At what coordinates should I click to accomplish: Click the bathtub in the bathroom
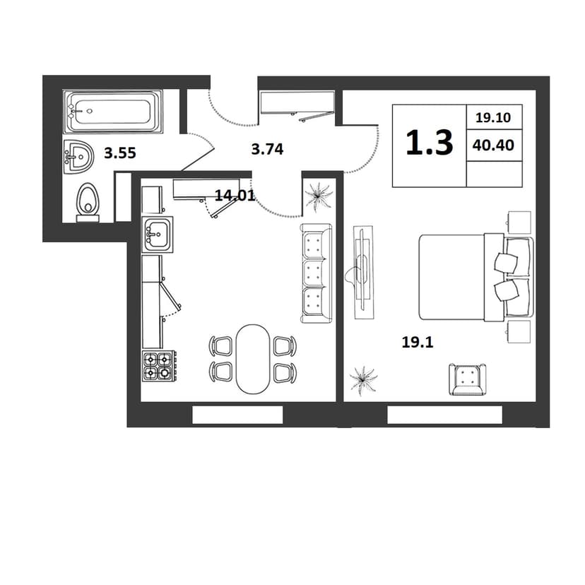pyautogui.click(x=112, y=112)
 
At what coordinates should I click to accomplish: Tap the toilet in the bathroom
pyautogui.click(x=88, y=203)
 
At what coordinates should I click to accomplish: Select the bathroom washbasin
pyautogui.click(x=78, y=157)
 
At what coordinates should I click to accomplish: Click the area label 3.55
pyautogui.click(x=120, y=153)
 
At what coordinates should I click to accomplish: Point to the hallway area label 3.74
pyautogui.click(x=268, y=149)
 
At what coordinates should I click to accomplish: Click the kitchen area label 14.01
pyautogui.click(x=235, y=195)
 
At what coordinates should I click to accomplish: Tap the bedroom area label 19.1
pyautogui.click(x=418, y=342)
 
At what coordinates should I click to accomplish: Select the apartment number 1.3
pyautogui.click(x=430, y=142)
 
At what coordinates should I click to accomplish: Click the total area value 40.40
pyautogui.click(x=493, y=145)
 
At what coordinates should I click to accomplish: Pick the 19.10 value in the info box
pyautogui.click(x=493, y=117)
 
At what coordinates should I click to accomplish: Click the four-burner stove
pyautogui.click(x=158, y=366)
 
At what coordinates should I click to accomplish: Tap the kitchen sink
pyautogui.click(x=158, y=235)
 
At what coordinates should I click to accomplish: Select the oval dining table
pyautogui.click(x=252, y=359)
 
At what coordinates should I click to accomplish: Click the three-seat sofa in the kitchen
pyautogui.click(x=316, y=273)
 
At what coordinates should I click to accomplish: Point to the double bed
pyautogui.click(x=475, y=277)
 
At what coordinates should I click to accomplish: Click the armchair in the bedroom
pyautogui.click(x=468, y=379)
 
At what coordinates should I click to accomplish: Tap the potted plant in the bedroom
pyautogui.click(x=363, y=381)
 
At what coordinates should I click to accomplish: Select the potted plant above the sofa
pyautogui.click(x=318, y=196)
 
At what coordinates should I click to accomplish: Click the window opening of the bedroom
pyautogui.click(x=444, y=415)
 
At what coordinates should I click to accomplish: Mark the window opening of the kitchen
pyautogui.click(x=237, y=415)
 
